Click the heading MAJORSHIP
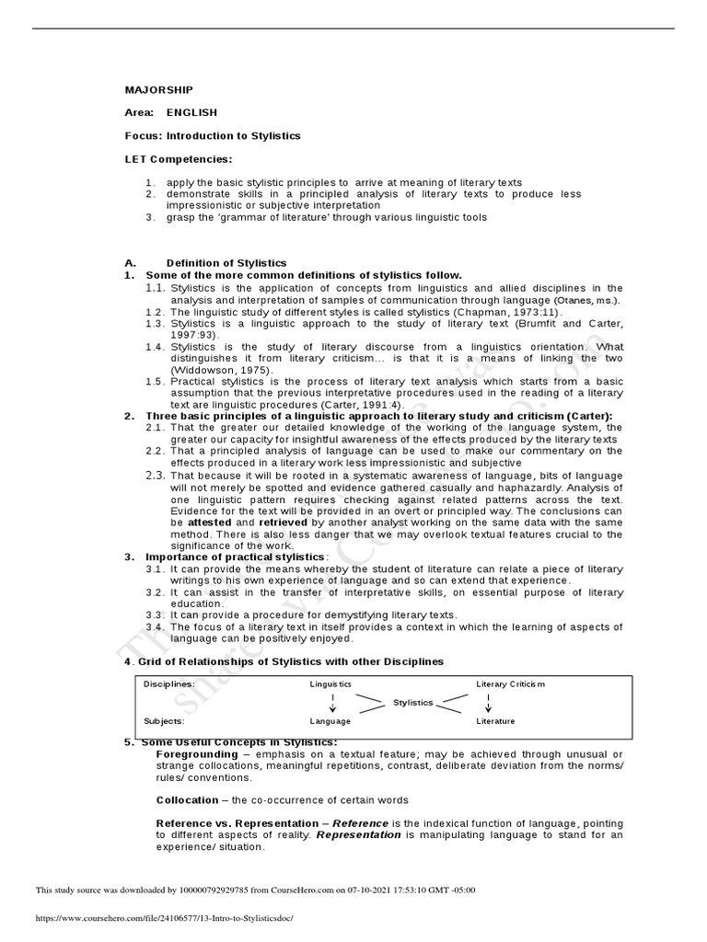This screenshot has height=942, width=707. click(159, 89)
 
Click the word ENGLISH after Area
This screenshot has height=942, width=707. click(191, 112)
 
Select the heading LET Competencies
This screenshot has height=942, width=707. click(179, 159)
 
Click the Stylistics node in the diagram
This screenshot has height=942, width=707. click(412, 702)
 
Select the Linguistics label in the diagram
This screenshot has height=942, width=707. click(330, 684)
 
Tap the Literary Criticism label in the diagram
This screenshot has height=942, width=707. click(510, 684)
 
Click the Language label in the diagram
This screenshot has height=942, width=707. click(330, 721)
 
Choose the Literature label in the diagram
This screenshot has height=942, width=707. click(495, 721)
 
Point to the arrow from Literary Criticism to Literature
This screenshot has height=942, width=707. click(488, 703)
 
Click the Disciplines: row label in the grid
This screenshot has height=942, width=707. click(168, 684)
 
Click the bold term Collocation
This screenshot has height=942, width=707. click(188, 799)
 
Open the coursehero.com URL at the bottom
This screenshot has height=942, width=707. click(163, 917)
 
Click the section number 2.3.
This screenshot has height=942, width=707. click(156, 475)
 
